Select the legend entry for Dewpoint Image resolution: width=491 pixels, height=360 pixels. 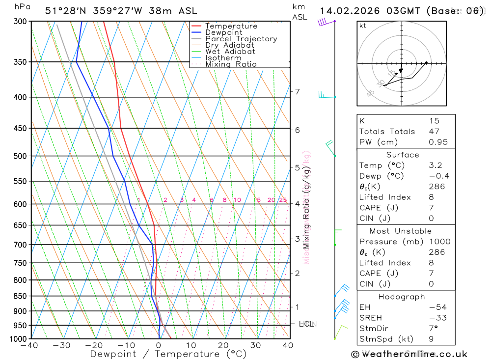click(x=224, y=32)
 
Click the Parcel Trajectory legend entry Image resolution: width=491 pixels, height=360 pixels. click(x=241, y=39)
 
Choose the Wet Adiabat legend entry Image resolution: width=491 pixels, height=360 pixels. click(x=230, y=52)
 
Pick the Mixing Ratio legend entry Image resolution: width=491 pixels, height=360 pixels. click(x=231, y=64)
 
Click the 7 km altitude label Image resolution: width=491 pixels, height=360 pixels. click(x=297, y=92)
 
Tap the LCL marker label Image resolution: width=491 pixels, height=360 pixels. click(x=306, y=324)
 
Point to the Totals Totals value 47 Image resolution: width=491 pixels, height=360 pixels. click(x=434, y=132)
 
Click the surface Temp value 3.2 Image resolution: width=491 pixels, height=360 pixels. click(x=435, y=166)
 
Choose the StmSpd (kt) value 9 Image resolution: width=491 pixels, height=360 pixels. click(x=431, y=339)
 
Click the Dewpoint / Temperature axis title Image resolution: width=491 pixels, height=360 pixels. click(x=168, y=354)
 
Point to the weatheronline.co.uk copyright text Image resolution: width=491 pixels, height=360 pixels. click(x=409, y=354)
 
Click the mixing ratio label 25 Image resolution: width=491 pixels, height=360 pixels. click(x=283, y=200)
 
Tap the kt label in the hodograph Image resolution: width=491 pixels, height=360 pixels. click(x=363, y=26)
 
